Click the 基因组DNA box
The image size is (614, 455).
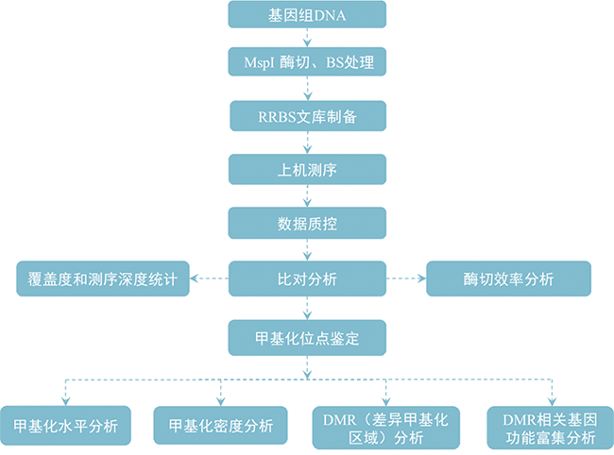(x=308, y=15)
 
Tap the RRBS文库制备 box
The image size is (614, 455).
(x=308, y=116)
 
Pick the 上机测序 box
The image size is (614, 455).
(x=308, y=170)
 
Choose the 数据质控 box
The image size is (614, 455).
(x=308, y=224)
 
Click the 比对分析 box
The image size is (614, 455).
(x=308, y=278)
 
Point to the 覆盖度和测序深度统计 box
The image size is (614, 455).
(x=104, y=278)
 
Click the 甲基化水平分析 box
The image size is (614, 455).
(x=65, y=426)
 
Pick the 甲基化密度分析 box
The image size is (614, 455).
(x=221, y=426)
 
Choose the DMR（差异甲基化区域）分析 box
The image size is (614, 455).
(x=386, y=426)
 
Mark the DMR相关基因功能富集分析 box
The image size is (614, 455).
(x=549, y=426)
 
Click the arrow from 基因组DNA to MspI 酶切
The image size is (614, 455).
(x=308, y=38)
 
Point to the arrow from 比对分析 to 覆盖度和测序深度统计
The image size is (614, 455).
(x=210, y=278)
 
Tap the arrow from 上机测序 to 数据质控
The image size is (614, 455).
(x=308, y=196)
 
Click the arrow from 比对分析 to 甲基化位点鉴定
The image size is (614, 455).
(x=308, y=306)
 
